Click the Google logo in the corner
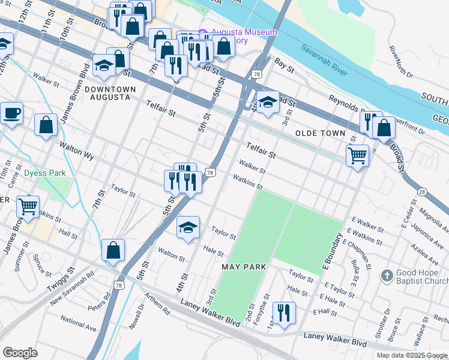[x=20, y=353]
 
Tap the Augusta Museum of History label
[x=238, y=36]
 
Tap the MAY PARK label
[x=244, y=266]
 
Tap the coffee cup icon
[x=10, y=112]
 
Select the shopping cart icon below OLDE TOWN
[x=357, y=155]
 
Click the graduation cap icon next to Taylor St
[x=188, y=227]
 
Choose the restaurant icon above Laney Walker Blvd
[x=283, y=312]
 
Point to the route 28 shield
[x=423, y=191]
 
